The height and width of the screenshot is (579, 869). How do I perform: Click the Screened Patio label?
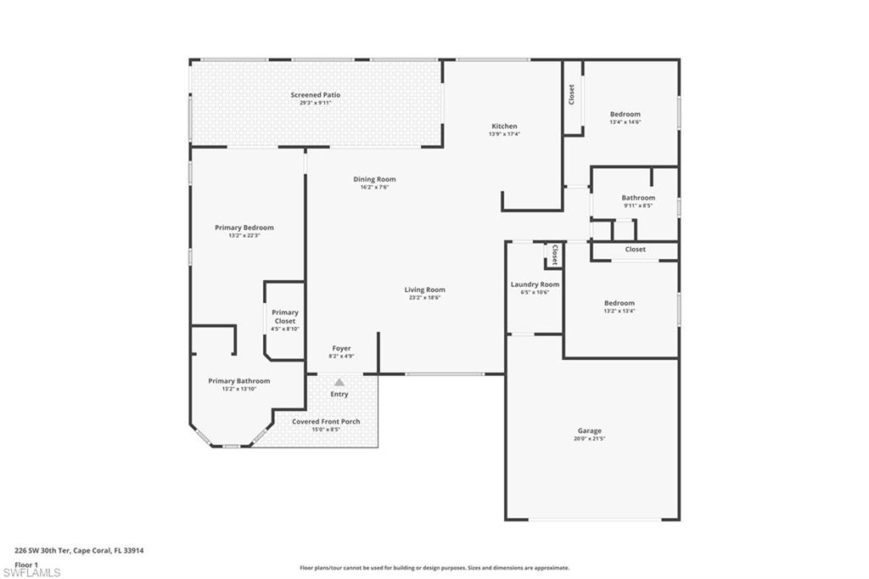coord(315,95)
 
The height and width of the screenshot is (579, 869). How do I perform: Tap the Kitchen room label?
coord(504,126)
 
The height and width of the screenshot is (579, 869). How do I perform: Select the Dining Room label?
coord(374,179)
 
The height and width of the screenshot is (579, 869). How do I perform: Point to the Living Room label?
coord(424,289)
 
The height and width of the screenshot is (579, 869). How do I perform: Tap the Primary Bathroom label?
coord(239,381)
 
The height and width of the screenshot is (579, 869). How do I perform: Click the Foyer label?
coord(341,348)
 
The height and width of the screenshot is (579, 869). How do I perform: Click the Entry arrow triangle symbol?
coord(339,383)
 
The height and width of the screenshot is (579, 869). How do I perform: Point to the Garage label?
coord(589,430)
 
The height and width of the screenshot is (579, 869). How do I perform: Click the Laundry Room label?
coord(535,284)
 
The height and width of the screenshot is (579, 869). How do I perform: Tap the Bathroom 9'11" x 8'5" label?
coord(638,198)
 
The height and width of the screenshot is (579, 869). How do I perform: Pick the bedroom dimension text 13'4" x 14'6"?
coord(625,122)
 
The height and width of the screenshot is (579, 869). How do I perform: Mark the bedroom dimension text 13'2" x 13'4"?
coord(620,312)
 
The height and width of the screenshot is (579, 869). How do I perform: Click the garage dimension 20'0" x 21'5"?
coord(589,439)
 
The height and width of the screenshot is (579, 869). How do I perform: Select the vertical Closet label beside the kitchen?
coord(571,94)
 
